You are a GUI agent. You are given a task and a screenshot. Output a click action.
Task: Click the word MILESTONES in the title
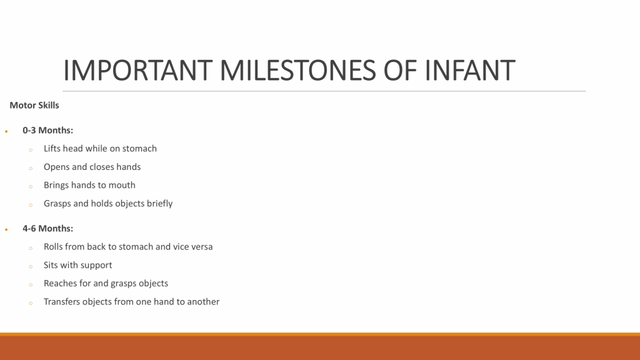point(297,70)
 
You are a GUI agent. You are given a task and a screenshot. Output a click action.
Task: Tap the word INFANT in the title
point(470,70)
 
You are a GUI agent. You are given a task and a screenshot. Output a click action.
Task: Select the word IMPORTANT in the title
point(138,70)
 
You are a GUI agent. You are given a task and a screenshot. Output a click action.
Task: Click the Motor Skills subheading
point(34,105)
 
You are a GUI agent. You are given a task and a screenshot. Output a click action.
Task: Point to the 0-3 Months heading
point(47,130)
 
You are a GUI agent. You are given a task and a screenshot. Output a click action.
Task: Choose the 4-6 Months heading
point(47,229)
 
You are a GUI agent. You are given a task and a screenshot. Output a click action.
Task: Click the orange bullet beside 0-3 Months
point(6,131)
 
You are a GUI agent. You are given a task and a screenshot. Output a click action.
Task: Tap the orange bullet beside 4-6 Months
point(6,230)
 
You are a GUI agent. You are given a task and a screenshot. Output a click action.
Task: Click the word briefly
point(159,204)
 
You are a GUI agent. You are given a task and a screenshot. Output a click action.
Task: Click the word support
point(96,266)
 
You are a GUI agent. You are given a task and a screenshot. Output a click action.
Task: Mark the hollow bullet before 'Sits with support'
point(31,266)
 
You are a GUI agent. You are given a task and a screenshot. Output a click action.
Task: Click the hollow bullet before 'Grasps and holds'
point(31,205)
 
